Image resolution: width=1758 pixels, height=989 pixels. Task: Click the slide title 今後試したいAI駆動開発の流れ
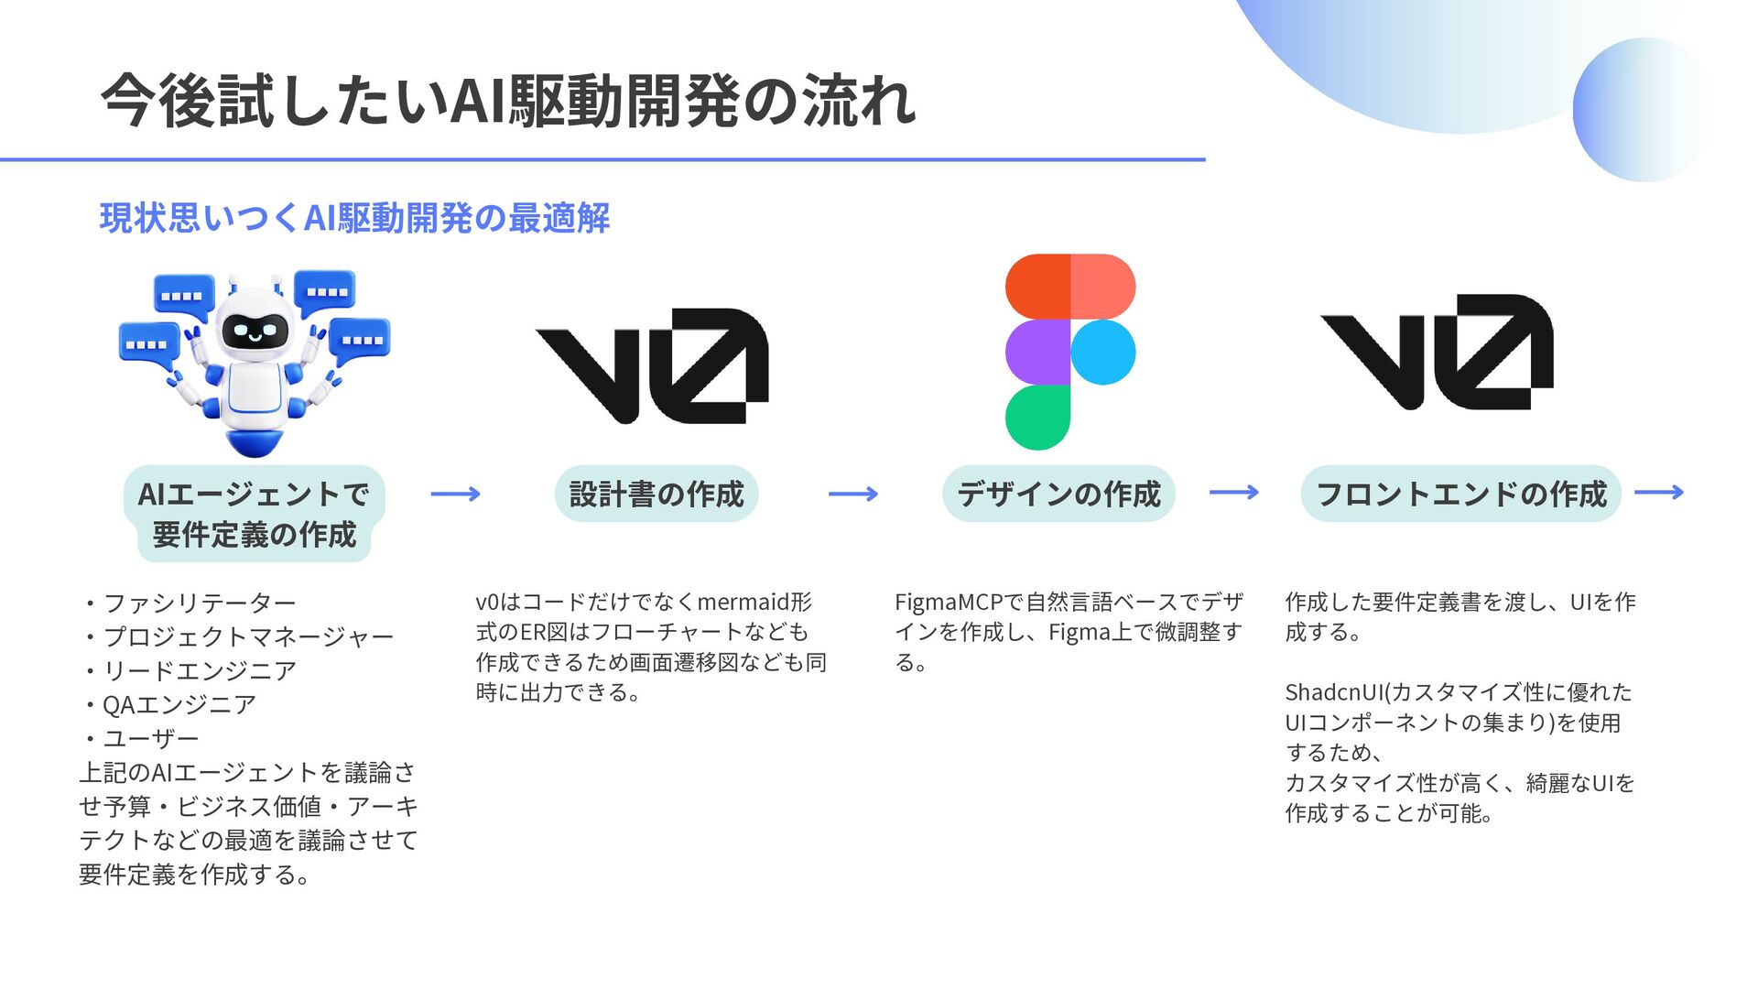tap(508, 101)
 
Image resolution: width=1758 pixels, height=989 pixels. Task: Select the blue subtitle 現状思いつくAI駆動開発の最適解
tap(354, 219)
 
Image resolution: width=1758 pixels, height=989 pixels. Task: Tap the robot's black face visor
tap(255, 330)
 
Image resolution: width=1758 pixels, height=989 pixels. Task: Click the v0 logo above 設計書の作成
tap(652, 366)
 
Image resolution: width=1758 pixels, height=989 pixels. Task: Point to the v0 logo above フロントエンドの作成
tap(1437, 352)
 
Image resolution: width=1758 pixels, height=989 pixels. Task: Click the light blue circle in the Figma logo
tap(1102, 353)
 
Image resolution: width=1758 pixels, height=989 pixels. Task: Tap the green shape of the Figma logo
tap(1037, 418)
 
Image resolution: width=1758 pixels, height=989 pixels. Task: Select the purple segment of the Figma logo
tap(1037, 353)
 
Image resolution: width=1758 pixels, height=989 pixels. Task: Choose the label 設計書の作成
tap(657, 494)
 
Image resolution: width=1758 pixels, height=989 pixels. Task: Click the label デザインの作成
tap(1058, 494)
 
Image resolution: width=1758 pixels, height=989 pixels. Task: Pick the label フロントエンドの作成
tap(1460, 494)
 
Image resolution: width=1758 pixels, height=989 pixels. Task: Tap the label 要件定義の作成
tap(255, 535)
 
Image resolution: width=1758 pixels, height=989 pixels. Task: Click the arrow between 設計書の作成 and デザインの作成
tap(852, 494)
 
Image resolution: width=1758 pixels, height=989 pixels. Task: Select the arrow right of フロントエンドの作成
tap(1658, 493)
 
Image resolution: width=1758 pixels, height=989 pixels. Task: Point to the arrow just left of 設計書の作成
tap(455, 494)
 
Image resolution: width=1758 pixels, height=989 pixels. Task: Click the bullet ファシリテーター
tap(200, 603)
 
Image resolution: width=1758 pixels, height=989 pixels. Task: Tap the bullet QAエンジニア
tap(179, 705)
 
